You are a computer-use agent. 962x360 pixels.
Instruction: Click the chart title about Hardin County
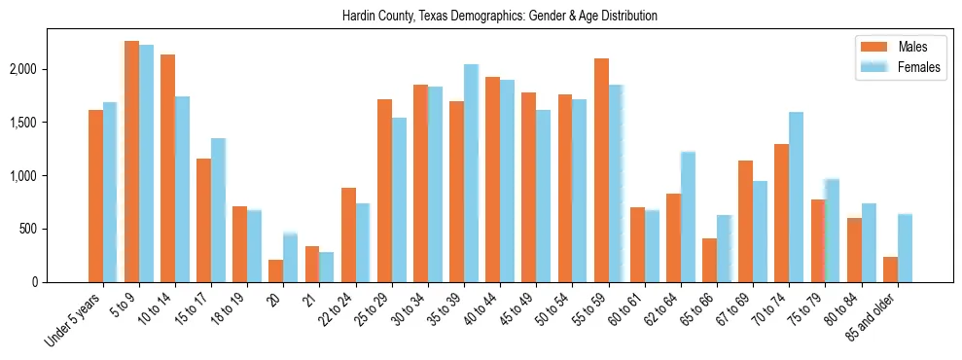click(500, 17)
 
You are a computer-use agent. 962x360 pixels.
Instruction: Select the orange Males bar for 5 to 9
click(131, 162)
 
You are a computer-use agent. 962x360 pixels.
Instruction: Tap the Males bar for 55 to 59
click(601, 170)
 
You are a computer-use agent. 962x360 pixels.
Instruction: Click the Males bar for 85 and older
click(890, 270)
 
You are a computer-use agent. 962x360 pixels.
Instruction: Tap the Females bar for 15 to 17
click(218, 210)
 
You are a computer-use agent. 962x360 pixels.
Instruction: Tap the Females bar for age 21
click(326, 267)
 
